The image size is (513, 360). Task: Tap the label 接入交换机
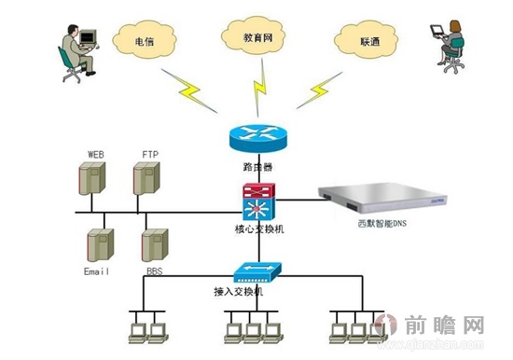click(240, 292)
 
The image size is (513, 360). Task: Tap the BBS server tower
click(154, 245)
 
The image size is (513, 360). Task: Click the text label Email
click(97, 271)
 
